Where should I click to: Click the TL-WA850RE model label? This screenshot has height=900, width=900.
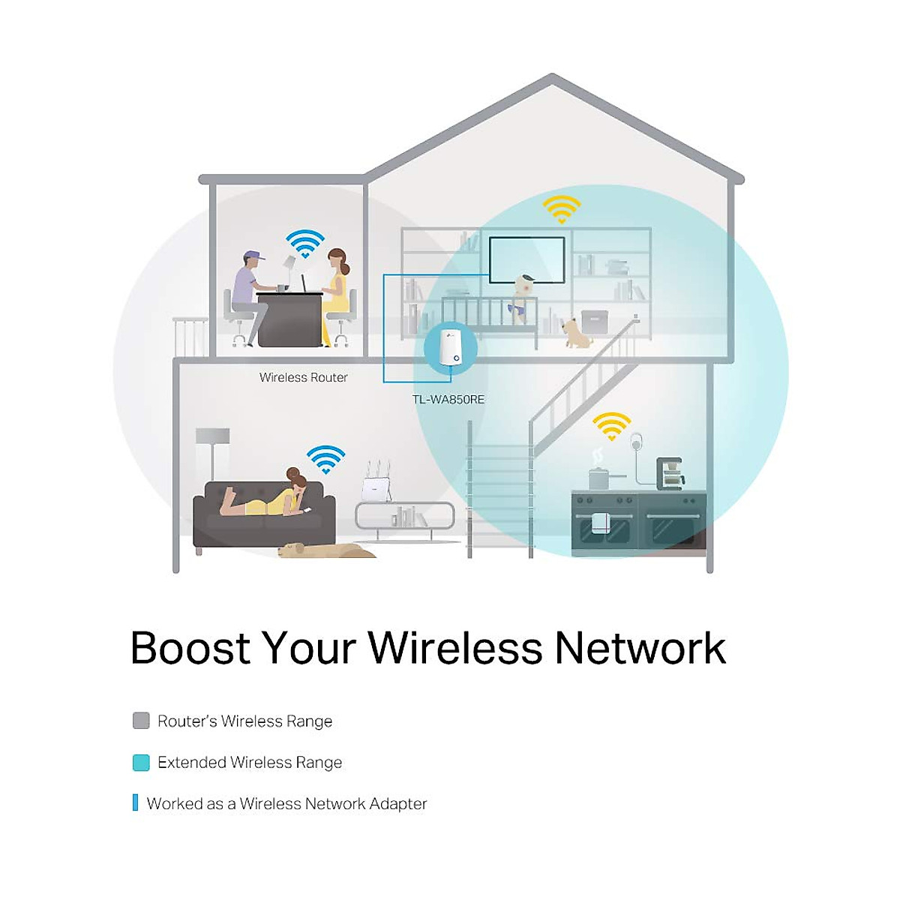click(x=448, y=400)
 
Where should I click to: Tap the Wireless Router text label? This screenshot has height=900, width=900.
click(x=303, y=377)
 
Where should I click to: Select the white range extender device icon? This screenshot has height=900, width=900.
click(x=450, y=348)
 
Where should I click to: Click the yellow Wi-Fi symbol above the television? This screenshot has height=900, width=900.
click(x=562, y=209)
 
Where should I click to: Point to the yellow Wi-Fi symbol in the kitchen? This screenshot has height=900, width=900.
click(x=611, y=426)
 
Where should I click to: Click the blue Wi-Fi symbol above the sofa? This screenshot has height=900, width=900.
click(x=325, y=460)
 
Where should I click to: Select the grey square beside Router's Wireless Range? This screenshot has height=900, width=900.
click(x=141, y=721)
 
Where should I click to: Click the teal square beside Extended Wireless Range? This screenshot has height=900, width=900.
click(x=141, y=763)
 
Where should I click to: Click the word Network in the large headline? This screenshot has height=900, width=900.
click(x=640, y=648)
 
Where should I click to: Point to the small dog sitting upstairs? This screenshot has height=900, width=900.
click(x=576, y=332)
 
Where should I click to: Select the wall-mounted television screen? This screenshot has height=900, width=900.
click(x=526, y=259)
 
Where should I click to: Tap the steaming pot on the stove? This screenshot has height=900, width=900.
click(x=598, y=477)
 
